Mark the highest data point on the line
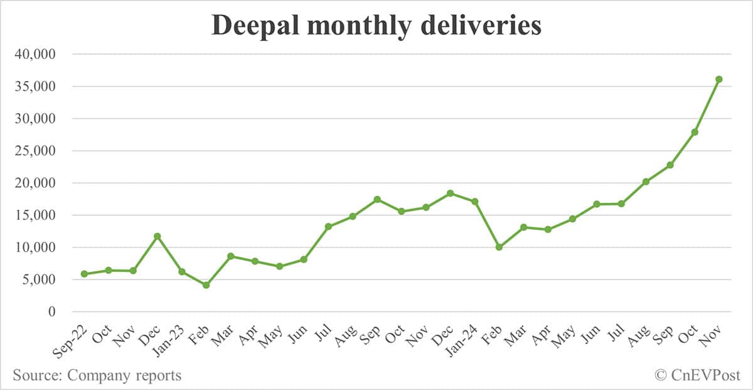[x=719, y=79]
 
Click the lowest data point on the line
[x=206, y=285]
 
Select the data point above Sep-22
[x=84, y=274]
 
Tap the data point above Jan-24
[x=475, y=202]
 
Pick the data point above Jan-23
[x=182, y=271]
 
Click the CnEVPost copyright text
[x=697, y=376]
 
